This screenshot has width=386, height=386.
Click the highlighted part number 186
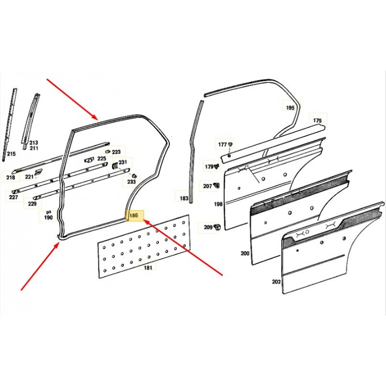coord(134,216)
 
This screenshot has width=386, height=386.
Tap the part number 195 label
coord(290,108)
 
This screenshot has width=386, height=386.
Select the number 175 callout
coord(317,120)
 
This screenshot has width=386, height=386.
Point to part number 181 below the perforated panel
coord(148,267)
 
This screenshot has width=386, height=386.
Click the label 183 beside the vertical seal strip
coord(184,198)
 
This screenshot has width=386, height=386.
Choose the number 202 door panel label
coord(276,281)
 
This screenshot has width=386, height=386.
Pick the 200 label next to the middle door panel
coord(245,253)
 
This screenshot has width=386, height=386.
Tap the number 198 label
coord(218,204)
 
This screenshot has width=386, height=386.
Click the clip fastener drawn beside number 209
coord(218,227)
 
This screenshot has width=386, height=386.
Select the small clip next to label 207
coord(217,185)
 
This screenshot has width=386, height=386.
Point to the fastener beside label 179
coord(217,166)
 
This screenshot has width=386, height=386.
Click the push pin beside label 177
coord(230,144)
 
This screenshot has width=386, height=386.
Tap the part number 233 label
coord(131,182)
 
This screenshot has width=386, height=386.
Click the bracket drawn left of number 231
coord(115,166)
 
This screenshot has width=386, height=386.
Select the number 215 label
coord(11,154)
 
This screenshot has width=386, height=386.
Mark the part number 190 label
coord(48,218)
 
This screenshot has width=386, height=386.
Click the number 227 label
coord(14,197)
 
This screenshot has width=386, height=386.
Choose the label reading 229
coord(32,204)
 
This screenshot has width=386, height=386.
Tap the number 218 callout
coord(11,177)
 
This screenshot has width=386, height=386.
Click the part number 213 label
coord(34,142)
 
